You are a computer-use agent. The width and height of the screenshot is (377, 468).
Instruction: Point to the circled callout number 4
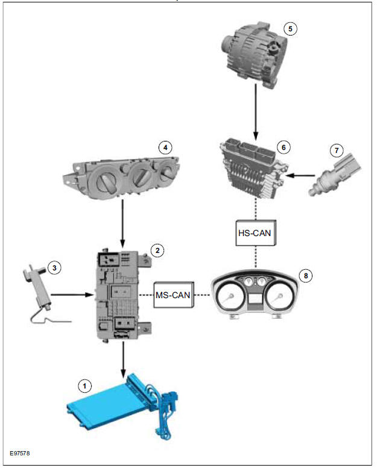click(163, 146)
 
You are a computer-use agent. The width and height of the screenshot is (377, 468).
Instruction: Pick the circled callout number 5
click(290, 28)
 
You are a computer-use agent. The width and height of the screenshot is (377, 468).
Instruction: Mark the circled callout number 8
click(306, 276)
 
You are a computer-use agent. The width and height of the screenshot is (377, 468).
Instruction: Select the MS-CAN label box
click(173, 295)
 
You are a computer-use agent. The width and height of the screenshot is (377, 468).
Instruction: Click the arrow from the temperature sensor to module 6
click(302, 176)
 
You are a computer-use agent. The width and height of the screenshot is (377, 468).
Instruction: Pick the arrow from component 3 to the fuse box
click(71, 295)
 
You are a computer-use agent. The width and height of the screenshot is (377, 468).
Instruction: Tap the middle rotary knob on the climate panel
click(142, 177)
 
